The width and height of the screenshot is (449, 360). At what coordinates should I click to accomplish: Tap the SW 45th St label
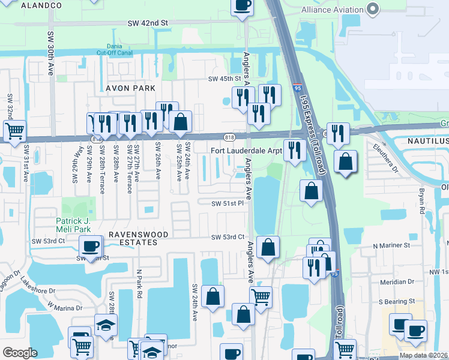(224, 79)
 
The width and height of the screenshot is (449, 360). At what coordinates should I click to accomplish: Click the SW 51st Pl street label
(226, 203)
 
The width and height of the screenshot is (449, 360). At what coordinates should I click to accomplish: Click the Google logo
(20, 353)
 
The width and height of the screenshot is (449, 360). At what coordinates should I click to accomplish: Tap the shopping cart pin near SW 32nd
(14, 130)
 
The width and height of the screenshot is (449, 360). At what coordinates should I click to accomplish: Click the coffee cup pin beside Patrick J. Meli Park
(91, 245)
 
